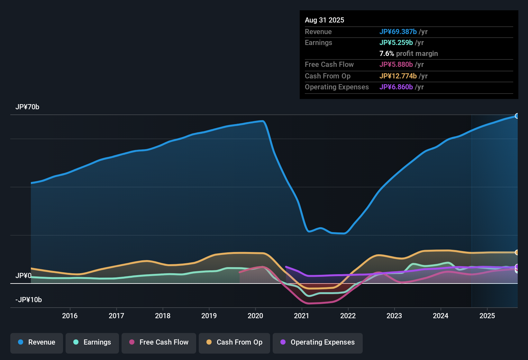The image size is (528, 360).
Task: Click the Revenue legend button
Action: pos(37,343)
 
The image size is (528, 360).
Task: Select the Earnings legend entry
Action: pos(92,343)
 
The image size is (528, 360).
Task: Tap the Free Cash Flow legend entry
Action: pos(159,343)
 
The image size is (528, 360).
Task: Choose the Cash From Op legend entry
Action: pos(234,343)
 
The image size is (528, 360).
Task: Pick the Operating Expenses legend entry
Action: pos(318,343)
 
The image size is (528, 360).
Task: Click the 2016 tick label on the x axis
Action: pos(70,316)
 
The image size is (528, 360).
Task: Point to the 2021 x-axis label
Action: pos(302,316)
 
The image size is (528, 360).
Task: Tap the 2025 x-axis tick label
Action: pos(487,316)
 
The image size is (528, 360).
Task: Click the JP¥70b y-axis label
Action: pos(27,107)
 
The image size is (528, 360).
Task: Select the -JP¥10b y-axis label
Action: pos(29,300)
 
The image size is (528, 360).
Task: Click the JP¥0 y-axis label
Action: pos(23,276)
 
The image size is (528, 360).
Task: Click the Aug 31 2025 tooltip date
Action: pos(324,20)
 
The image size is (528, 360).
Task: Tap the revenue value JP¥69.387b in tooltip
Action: pos(398,32)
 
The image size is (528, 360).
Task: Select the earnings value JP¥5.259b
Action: pos(396,43)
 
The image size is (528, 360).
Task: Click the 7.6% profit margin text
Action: pos(409,54)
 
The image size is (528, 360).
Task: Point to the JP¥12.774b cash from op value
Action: pos(398,76)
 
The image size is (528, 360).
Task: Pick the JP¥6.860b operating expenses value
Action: pos(396,87)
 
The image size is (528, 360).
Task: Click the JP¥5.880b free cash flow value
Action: pos(396,65)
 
